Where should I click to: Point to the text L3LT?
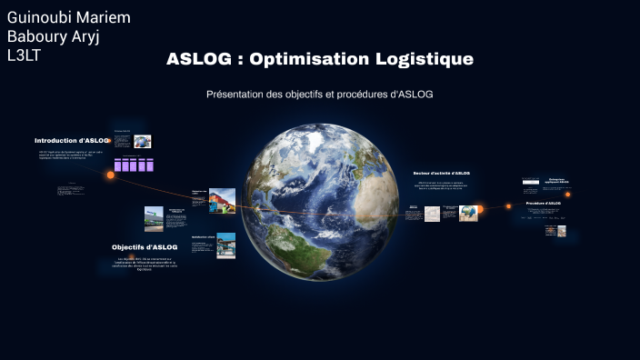tap(24, 56)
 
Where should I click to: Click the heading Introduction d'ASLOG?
tap(72, 141)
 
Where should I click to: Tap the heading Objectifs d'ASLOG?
tap(145, 247)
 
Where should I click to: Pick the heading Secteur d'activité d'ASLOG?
tap(441, 173)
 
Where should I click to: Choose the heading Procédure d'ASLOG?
tap(543, 204)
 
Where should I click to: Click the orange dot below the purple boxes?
tap(111, 175)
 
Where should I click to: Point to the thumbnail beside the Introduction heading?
tap(142, 141)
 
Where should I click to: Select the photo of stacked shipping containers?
tap(222, 200)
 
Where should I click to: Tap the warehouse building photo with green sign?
tap(154, 218)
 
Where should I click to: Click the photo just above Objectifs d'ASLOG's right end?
tap(225, 245)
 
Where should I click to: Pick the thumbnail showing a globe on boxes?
tap(468, 213)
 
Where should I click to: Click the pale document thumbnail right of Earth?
tap(432, 214)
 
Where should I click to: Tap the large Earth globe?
tap(322, 191)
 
